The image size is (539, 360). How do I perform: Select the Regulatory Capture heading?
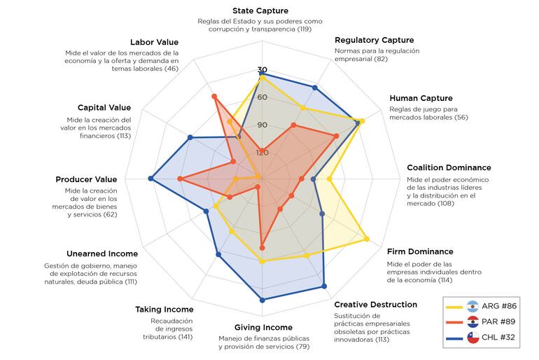[x=374, y=40]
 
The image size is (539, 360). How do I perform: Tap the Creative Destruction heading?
[x=375, y=305]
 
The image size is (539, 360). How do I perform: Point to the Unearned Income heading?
[x=102, y=254]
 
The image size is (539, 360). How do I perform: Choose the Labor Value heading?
[x=154, y=43]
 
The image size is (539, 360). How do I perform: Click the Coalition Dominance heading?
[x=449, y=167]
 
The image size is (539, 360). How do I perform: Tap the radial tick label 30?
[x=262, y=70]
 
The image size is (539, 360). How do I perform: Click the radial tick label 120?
[x=262, y=152]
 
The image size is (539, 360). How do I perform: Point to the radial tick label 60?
[x=262, y=97]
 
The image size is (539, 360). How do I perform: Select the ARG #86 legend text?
[x=499, y=306]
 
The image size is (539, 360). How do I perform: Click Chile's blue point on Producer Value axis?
[x=151, y=179]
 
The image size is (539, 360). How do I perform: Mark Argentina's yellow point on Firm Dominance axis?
[x=367, y=240]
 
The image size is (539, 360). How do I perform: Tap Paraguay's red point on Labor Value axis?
[x=214, y=96]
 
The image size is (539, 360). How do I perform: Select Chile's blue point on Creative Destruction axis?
[x=323, y=286]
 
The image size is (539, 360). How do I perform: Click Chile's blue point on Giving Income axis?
[x=262, y=300]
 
